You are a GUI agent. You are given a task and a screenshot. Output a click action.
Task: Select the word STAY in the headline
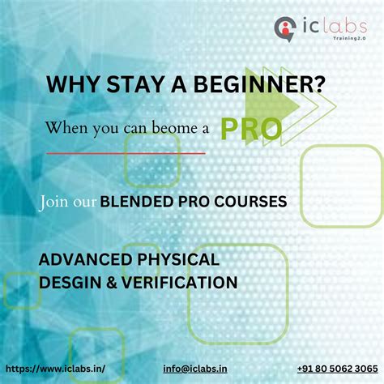click(131, 83)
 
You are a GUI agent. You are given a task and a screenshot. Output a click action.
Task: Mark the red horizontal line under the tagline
click(126, 151)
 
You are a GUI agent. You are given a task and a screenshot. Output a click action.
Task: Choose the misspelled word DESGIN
click(69, 282)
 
